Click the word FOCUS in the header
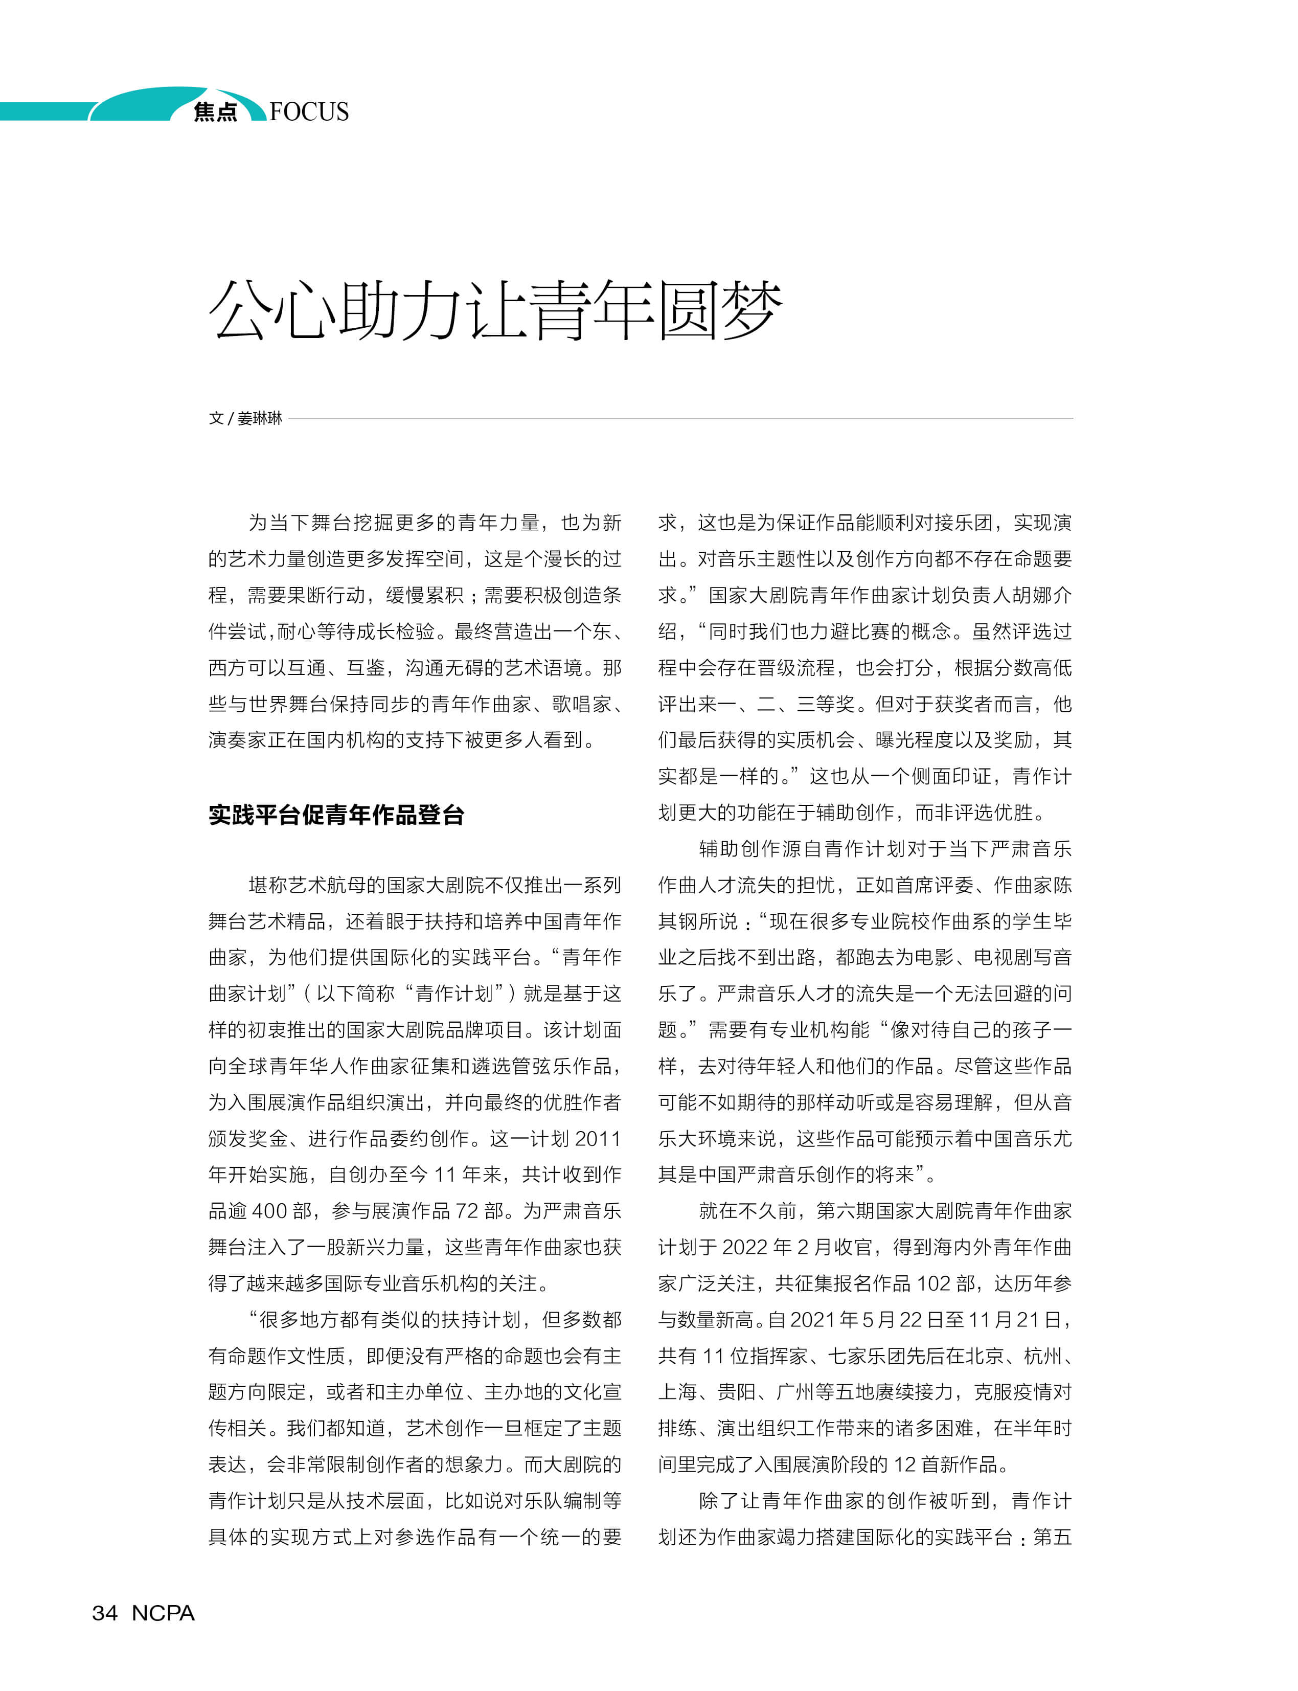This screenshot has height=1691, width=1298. point(309,112)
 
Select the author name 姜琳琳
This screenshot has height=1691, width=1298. point(260,418)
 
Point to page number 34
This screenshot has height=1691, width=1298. point(104,1613)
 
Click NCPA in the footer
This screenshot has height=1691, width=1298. point(163,1613)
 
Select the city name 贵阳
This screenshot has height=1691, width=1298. point(737,1392)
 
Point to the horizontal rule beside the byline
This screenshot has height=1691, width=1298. point(680,418)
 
